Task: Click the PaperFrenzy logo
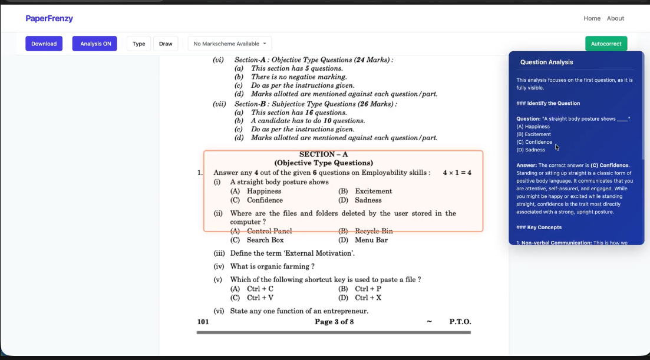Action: coord(49,18)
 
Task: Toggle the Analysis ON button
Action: coord(95,44)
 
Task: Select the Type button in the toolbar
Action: coord(138,44)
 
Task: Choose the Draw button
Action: coord(166,44)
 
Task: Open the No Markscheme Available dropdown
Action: coord(229,44)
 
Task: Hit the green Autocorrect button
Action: coord(606,44)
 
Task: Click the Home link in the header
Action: coord(592,18)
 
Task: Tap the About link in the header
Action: coord(615,18)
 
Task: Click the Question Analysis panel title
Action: coord(546,62)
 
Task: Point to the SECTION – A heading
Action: coord(324,154)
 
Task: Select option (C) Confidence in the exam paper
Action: coord(265,200)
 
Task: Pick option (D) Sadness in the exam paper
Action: coord(368,200)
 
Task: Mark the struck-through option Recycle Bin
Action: coord(374,231)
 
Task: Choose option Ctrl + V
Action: coord(260,298)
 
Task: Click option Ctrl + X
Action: coord(368,298)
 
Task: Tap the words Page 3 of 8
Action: coord(334,322)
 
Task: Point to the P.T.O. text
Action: coord(460,322)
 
